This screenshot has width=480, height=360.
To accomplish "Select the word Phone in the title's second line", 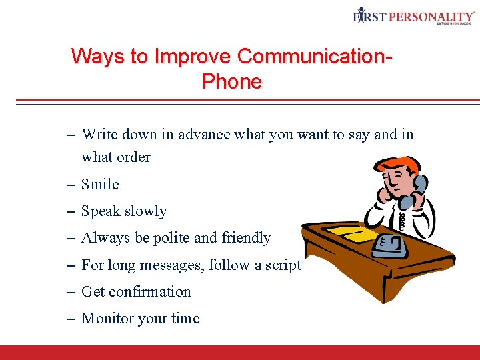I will pyautogui.click(x=231, y=82).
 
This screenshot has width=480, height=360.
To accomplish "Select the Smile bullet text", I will pyautogui.click(x=100, y=184).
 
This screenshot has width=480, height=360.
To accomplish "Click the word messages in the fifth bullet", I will pyautogui.click(x=170, y=265).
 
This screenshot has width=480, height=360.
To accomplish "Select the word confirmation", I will pyautogui.click(x=149, y=292).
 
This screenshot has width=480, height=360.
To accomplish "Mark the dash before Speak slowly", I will pyautogui.click(x=71, y=211).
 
